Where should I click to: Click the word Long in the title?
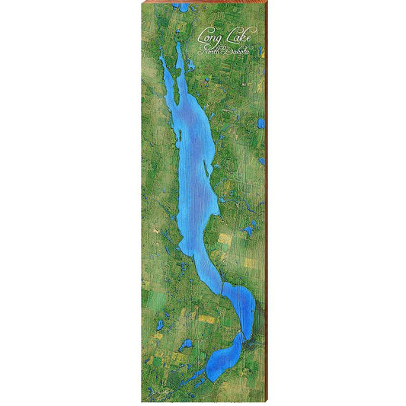207,35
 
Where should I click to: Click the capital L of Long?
201,35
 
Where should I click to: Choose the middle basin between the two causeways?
238,308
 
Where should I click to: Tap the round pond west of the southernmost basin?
187,344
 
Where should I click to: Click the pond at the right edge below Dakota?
261,123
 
